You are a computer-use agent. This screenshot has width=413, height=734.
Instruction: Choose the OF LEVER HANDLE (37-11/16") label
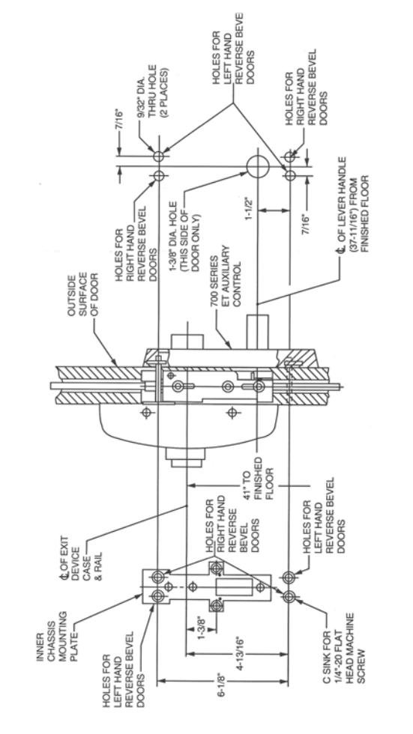[x=352, y=204]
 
